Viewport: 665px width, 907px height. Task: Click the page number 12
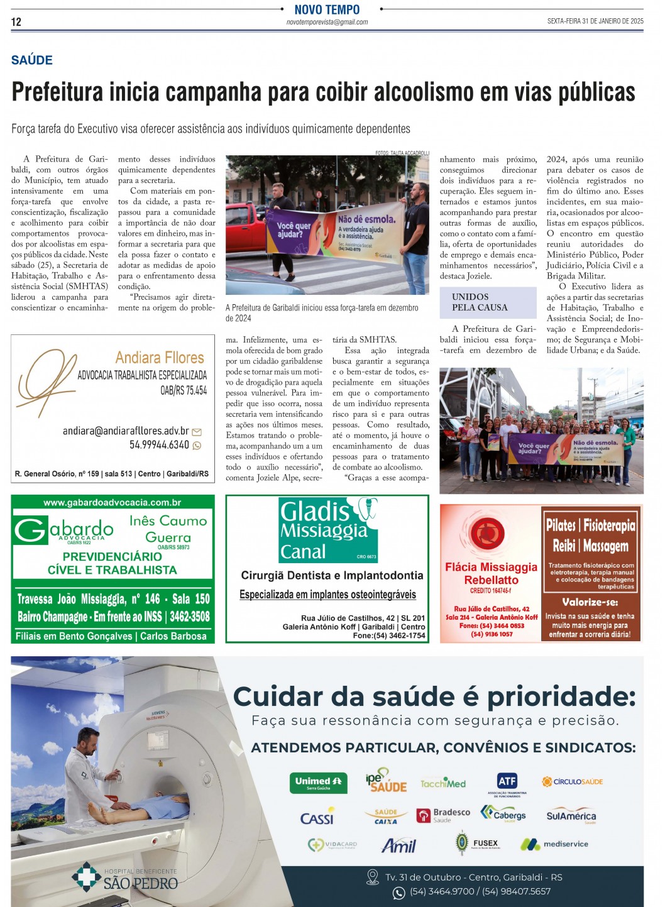tap(16, 22)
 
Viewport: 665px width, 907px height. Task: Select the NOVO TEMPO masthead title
tap(327, 9)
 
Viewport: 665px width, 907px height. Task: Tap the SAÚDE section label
tap(32, 60)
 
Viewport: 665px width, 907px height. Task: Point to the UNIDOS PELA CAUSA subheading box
tap(488, 302)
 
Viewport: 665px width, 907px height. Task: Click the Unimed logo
tap(318, 783)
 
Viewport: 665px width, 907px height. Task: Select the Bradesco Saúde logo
tap(443, 815)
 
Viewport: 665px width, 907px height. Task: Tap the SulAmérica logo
tap(571, 816)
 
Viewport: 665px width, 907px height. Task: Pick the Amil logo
tap(398, 845)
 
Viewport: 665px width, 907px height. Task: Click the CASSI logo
tap(317, 818)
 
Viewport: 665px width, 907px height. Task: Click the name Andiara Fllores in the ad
tap(160, 358)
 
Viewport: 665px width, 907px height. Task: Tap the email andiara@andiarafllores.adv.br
tap(126, 431)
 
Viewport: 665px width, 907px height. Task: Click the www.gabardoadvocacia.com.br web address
tap(113, 502)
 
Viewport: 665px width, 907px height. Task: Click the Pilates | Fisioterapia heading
tap(591, 525)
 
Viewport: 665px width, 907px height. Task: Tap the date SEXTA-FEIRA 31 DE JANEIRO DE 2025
tap(595, 21)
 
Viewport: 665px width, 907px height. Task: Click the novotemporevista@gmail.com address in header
tap(327, 22)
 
